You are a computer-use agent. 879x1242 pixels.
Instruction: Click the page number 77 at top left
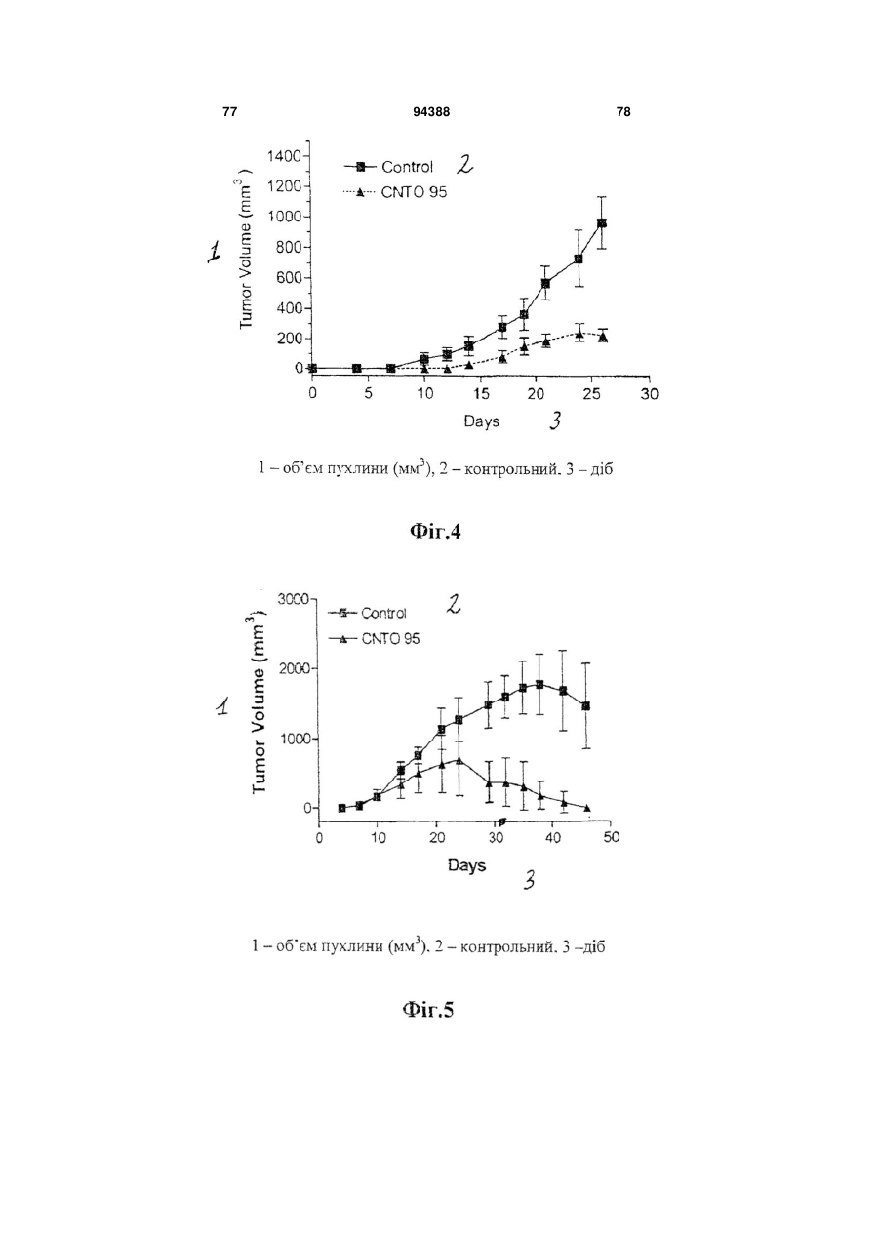click(229, 112)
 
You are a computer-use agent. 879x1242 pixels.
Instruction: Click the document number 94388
click(431, 112)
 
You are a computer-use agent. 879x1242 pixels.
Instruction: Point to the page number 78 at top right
click(623, 112)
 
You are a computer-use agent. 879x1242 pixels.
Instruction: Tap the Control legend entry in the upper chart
click(388, 166)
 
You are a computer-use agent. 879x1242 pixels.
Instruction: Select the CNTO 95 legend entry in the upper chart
click(395, 192)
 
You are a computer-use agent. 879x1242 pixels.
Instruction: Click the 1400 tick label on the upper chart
click(283, 156)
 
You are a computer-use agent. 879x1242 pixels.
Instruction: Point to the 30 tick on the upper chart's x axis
click(650, 393)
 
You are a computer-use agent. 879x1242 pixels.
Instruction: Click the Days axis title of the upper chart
click(481, 421)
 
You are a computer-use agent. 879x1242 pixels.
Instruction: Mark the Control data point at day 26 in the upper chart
click(602, 222)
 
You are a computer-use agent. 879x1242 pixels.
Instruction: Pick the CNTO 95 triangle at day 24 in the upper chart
click(579, 335)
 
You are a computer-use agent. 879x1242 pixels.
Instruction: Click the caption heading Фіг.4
click(435, 531)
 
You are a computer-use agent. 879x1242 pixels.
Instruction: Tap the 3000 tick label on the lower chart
click(295, 599)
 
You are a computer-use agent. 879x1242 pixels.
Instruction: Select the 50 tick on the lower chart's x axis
click(611, 837)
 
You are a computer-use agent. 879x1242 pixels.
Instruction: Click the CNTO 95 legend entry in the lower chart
click(374, 639)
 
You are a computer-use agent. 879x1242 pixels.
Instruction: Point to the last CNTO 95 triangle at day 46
click(586, 808)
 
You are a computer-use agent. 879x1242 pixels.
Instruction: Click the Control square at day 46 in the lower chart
click(585, 705)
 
